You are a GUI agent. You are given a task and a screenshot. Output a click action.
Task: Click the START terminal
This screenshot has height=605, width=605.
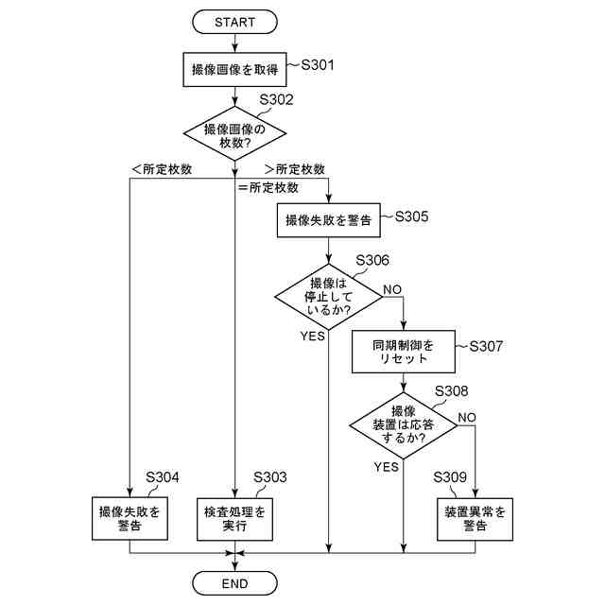[234, 21]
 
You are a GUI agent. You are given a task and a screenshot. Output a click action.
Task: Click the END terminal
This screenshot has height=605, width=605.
[234, 583]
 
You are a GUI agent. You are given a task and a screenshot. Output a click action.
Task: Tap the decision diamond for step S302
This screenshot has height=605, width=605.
[234, 135]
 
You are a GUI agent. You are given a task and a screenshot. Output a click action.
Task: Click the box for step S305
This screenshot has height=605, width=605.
[328, 219]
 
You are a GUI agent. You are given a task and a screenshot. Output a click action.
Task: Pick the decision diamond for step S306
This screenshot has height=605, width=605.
[328, 297]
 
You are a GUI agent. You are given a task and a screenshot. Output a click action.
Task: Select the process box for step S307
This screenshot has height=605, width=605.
[405, 352]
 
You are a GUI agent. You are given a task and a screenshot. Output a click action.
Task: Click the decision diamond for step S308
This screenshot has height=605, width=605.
[405, 424]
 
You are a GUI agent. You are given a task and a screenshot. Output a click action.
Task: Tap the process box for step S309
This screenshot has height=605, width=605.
[475, 518]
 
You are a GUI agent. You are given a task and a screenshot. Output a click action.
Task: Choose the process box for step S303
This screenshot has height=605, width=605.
[234, 518]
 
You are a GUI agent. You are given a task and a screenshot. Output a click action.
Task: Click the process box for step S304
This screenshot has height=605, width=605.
[130, 518]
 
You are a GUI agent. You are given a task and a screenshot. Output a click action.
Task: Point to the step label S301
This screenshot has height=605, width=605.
[318, 65]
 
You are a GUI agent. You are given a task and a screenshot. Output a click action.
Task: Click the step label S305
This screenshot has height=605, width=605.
[411, 216]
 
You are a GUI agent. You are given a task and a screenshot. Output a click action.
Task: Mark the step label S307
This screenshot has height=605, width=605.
[486, 347]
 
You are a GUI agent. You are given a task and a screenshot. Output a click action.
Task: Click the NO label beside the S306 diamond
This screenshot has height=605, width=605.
[392, 288]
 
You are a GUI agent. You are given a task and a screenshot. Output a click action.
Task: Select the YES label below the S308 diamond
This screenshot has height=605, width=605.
[386, 467]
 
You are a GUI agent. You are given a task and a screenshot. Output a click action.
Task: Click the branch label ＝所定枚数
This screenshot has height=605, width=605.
[275, 187]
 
